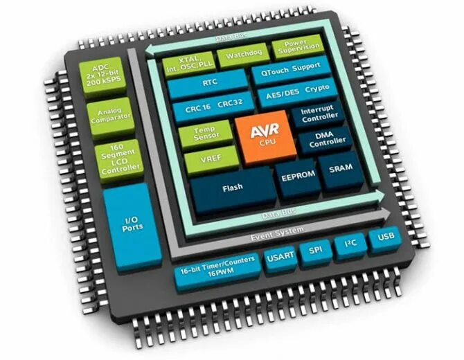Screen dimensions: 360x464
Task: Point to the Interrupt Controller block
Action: [316, 114]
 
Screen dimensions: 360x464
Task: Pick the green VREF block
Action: [207, 161]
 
